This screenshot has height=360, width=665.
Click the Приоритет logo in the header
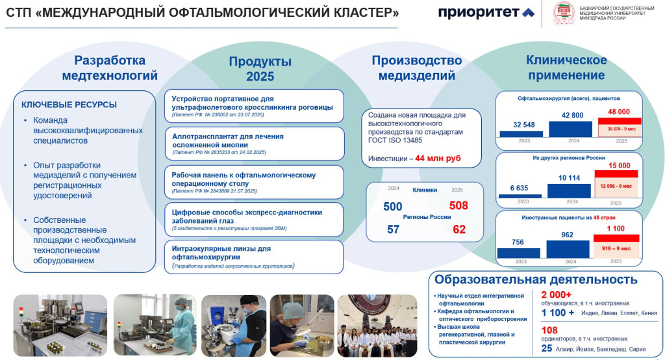[486, 12]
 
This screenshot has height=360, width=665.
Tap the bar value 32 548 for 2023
[523, 125]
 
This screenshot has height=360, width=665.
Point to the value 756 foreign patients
[518, 243]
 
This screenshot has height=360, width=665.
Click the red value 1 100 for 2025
[616, 229]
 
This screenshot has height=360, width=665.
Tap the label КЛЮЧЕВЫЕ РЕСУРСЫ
[69, 104]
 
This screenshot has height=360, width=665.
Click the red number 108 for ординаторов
[549, 330]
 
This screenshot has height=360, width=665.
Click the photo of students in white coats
[379, 323]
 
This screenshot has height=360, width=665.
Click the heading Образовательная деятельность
[536, 280]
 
